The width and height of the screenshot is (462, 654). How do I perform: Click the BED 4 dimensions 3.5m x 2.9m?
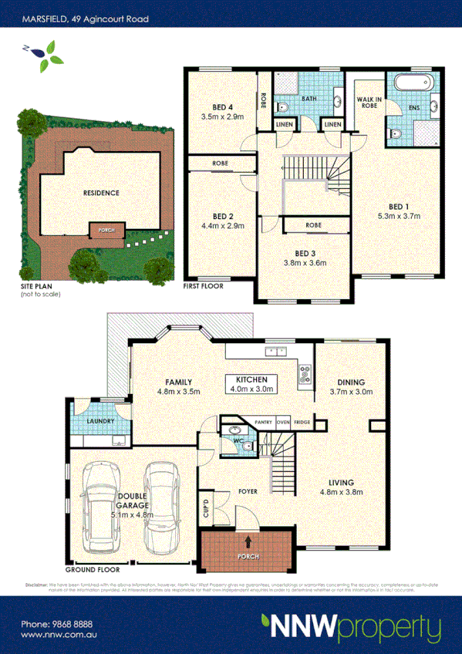click(x=222, y=117)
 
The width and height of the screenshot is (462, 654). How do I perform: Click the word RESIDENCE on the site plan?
click(x=101, y=192)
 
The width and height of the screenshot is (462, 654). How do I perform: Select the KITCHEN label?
click(x=251, y=379)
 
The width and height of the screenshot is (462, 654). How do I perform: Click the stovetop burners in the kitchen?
click(x=305, y=376)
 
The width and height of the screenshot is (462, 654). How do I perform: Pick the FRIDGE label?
click(x=302, y=423)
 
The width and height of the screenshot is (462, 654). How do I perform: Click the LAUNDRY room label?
click(x=101, y=421)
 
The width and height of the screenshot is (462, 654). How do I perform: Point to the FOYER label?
click(x=247, y=490)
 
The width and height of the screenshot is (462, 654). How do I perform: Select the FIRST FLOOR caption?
click(x=203, y=286)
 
